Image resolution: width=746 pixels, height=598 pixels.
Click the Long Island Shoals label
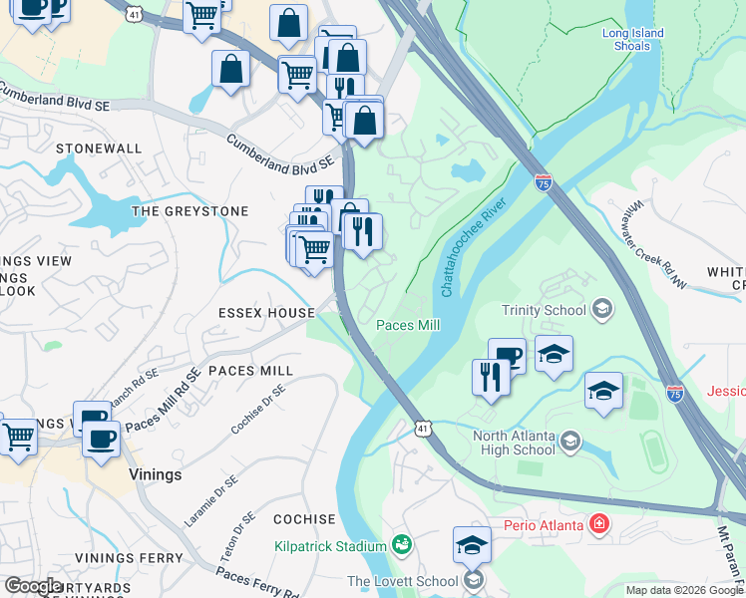[632, 40]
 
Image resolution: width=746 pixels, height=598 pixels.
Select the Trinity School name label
[544, 310]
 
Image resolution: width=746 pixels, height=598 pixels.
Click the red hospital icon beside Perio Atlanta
[598, 523]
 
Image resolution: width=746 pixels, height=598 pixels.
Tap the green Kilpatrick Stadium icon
[401, 545]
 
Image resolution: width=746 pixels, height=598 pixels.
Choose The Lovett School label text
[402, 581]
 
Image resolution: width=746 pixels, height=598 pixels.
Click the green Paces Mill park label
[408, 325]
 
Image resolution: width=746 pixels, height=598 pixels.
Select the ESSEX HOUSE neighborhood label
[267, 313]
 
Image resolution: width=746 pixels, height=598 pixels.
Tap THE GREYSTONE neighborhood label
[189, 211]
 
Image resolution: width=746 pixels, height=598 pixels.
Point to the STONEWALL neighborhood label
[99, 149]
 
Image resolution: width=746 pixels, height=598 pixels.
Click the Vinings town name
[155, 475]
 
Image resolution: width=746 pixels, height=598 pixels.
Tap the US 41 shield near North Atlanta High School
[424, 428]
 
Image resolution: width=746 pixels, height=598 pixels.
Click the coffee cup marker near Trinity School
[507, 354]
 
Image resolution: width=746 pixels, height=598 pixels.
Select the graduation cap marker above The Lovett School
[472, 543]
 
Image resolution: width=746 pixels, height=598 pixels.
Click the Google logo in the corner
[33, 585]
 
